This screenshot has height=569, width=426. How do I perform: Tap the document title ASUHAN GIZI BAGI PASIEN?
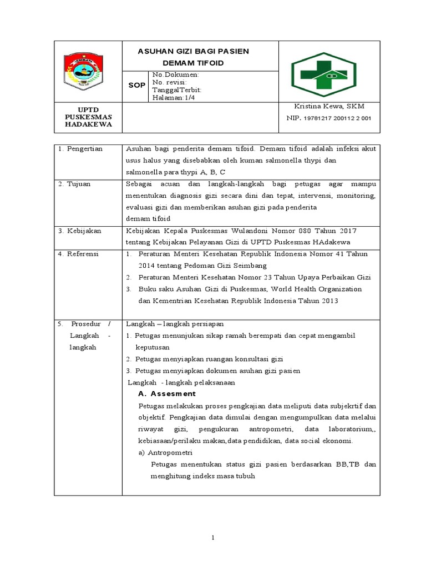[x=193, y=51]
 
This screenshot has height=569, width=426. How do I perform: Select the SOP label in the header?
[x=136, y=86]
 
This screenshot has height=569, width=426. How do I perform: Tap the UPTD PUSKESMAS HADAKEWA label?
[x=88, y=117]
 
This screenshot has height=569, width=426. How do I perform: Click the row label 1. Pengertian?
[x=80, y=149]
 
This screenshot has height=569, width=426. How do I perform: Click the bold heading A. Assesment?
[x=166, y=393]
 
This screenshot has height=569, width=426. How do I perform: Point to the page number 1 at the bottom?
[x=213, y=538]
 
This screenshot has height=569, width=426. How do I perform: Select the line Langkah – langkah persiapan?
[x=175, y=323]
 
